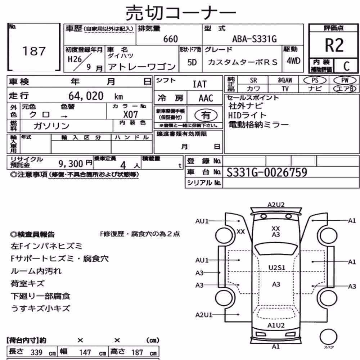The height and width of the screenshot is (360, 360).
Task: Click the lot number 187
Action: click(x=34, y=51)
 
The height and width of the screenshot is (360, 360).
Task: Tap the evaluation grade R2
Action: click(x=334, y=45)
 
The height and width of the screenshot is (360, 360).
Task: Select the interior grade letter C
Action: click(x=346, y=66)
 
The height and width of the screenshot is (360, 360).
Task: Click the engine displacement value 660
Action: click(x=170, y=39)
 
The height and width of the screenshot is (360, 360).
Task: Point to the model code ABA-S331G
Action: click(x=255, y=39)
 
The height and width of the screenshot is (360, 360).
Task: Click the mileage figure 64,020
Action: click(x=86, y=96)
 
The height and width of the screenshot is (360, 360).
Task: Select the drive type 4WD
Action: click(x=293, y=61)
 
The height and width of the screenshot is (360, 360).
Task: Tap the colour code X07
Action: click(x=131, y=114)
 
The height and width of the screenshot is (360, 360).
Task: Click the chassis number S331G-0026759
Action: click(x=267, y=172)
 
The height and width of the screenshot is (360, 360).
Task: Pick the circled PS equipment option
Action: click(x=315, y=80)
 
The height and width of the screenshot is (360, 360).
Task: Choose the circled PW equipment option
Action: click(x=345, y=80)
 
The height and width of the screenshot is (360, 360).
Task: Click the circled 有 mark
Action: click(x=206, y=115)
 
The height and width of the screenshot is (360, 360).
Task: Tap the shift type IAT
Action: click(x=199, y=84)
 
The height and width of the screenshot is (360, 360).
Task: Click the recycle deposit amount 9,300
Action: click(x=71, y=164)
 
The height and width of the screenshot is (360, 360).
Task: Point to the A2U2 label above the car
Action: click(x=276, y=204)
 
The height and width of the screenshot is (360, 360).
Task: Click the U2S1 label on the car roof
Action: click(x=276, y=268)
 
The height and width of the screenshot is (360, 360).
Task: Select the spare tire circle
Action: click(x=328, y=337)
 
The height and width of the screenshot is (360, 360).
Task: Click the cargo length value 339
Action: click(x=36, y=352)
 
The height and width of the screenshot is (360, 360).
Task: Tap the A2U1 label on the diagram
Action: click(x=204, y=315)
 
